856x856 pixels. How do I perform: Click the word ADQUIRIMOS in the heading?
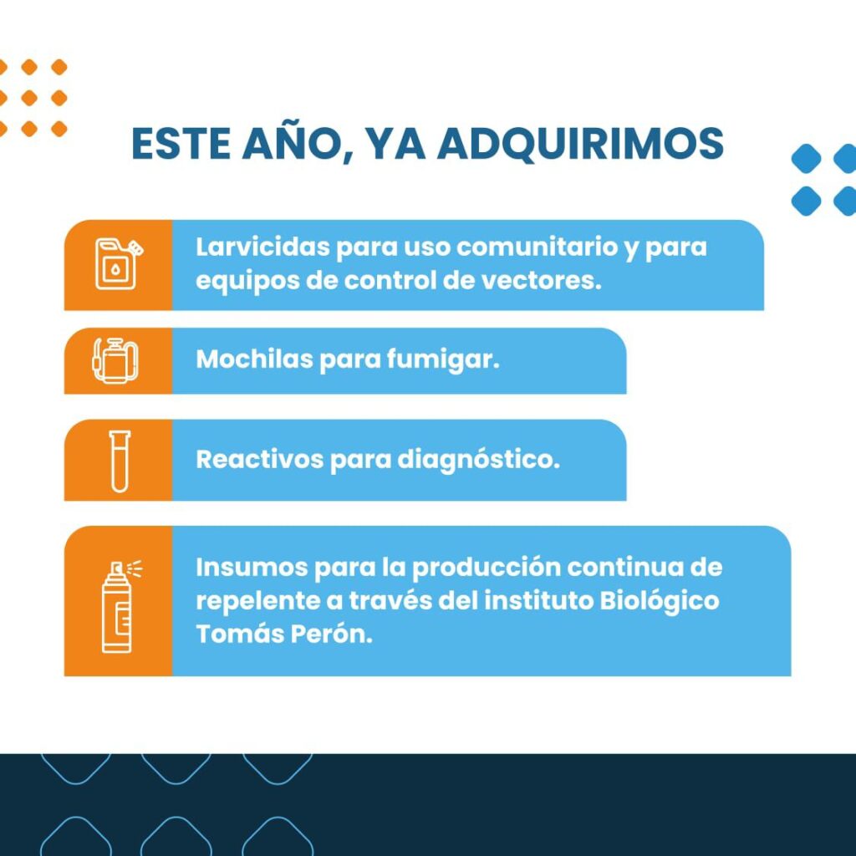[581, 144]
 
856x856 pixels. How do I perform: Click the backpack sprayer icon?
[115, 360]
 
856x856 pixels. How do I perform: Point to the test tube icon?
[120, 461]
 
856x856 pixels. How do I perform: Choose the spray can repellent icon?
[121, 605]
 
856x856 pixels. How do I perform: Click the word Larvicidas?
[262, 247]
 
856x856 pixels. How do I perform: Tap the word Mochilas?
[254, 359]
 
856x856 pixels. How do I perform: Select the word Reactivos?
[260, 459]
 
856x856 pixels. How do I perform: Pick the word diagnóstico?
[478, 461]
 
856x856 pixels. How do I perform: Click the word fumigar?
[443, 360]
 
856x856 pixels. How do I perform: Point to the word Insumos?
[252, 568]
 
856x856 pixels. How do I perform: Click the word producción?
[486, 568]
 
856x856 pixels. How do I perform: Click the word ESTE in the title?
[181, 144]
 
